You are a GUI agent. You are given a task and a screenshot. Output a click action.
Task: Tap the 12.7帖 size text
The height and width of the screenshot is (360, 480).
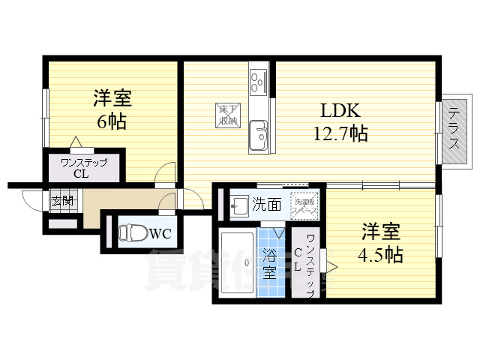coord(340,134)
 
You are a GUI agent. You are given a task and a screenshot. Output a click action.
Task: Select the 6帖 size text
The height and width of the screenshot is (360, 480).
coord(110,121)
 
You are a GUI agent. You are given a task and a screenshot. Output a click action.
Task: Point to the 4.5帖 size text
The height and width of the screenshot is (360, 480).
coord(380,255)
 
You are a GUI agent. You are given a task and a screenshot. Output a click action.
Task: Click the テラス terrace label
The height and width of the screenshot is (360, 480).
coord(454,130)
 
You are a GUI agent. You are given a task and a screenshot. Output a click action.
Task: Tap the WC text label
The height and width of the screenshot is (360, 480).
coord(162,233)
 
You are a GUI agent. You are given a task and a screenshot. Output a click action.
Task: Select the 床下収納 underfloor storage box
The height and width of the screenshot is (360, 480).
coord(228,114)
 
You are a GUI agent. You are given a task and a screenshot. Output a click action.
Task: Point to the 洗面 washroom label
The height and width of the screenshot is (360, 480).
coord(266,203)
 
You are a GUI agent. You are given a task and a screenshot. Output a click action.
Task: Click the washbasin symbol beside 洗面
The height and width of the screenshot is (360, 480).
coord(238,204)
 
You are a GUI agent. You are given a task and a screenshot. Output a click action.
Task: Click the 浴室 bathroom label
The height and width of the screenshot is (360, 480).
coord(269,262)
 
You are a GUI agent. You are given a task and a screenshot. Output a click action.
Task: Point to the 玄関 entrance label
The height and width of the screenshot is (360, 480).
coord(62,200)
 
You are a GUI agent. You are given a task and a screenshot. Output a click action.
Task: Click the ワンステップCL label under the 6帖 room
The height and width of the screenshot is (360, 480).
coord(84,168)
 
